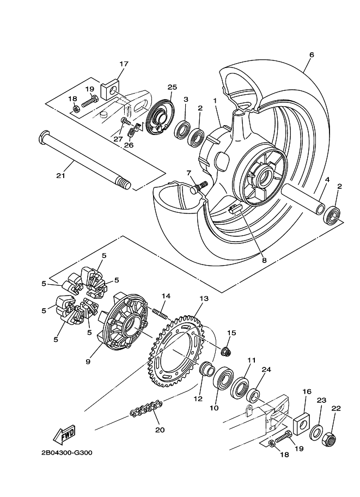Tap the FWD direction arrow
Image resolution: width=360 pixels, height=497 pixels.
point(65,435)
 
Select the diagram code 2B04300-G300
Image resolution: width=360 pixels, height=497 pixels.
point(66,453)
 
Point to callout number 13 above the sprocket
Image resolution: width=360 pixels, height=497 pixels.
point(204,299)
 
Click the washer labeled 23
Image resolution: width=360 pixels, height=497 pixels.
point(316,433)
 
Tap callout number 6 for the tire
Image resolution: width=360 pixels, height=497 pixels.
point(312,55)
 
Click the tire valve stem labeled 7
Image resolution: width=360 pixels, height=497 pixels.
point(199,187)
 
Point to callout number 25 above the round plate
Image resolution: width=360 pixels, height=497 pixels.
point(173,87)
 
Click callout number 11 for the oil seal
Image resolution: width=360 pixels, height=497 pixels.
point(251,360)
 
